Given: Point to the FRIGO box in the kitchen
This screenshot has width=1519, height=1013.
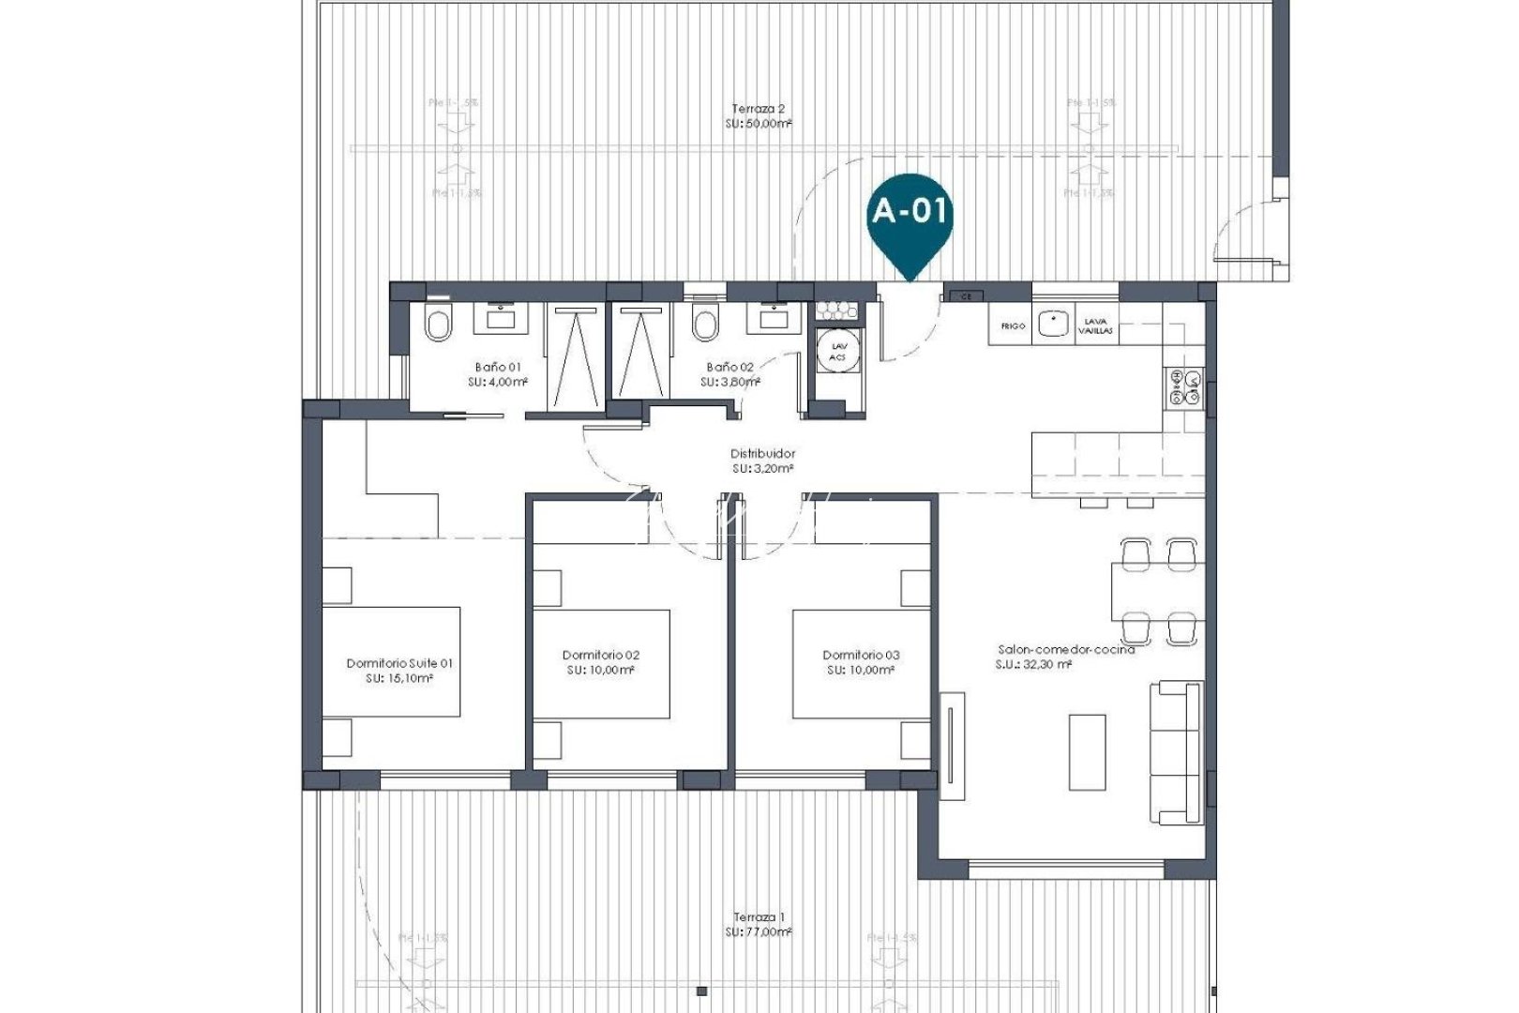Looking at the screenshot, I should point(1013,325).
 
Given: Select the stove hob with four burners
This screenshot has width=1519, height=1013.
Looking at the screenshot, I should point(1184,387).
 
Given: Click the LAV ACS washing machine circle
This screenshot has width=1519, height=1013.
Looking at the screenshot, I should point(837,351).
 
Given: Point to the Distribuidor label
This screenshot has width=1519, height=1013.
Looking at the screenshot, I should point(763,453).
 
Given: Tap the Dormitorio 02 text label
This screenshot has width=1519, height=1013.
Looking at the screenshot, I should point(601,655).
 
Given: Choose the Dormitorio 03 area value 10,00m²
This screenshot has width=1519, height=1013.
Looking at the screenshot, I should point(860,671).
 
